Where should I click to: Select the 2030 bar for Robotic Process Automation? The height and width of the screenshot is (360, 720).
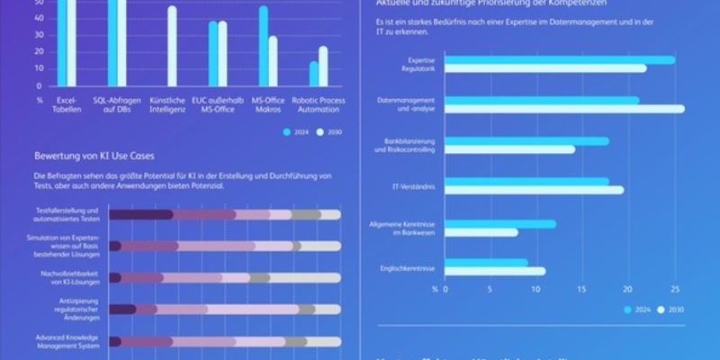pyautogui.click(x=323, y=67)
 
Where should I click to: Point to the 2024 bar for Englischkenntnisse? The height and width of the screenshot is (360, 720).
pyautogui.click(x=487, y=263)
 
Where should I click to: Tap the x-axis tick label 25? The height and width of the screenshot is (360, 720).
pyautogui.click(x=675, y=290)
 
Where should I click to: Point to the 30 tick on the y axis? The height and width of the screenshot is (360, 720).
pyautogui.click(x=39, y=35)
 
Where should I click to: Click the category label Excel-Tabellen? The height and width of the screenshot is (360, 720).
pyautogui.click(x=67, y=104)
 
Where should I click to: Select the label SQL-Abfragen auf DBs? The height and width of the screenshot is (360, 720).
pyautogui.click(x=117, y=104)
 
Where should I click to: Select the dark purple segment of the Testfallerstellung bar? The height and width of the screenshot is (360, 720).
pyautogui.click(x=140, y=214)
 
